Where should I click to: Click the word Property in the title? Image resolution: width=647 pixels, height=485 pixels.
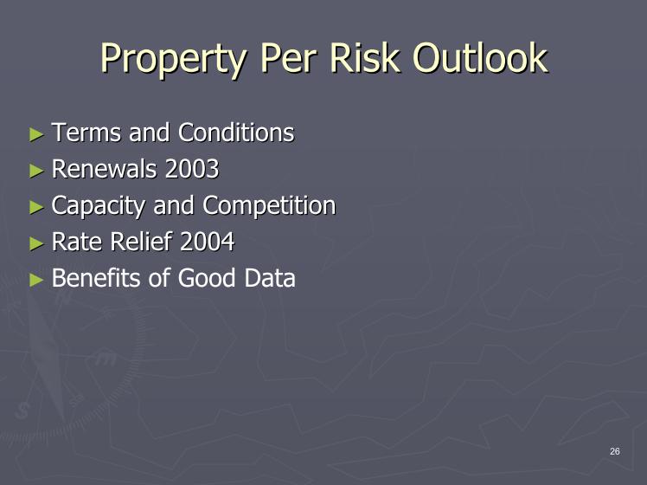(173, 59)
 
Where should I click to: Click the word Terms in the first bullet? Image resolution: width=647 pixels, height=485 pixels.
(86, 133)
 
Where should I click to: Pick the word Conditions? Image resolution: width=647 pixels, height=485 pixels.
(236, 133)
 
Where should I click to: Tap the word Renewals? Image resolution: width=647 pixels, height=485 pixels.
(104, 169)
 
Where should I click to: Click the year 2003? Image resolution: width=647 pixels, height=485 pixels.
(192, 169)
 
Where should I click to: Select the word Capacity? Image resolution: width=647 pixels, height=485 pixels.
(99, 206)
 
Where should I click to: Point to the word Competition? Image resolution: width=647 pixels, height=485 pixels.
(269, 206)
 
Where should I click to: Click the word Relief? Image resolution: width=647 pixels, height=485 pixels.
(141, 242)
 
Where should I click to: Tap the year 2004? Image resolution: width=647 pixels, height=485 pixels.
(207, 242)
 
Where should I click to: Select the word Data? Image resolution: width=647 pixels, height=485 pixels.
(270, 278)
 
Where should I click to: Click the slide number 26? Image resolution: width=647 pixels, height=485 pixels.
(615, 451)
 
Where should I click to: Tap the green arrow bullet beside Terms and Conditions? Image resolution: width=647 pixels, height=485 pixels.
(36, 135)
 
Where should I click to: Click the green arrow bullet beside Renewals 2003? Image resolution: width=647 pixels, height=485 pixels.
(36, 171)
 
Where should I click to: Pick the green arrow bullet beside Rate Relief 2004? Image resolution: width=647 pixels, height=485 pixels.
(36, 243)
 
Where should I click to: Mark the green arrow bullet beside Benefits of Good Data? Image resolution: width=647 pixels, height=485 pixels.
(36, 280)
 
